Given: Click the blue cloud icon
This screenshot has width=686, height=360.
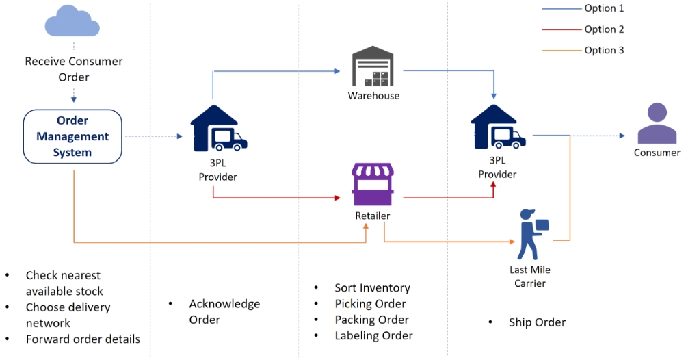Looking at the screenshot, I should pyautogui.click(x=72, y=23).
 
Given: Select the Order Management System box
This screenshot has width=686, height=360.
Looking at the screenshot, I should pyautogui.click(x=72, y=137).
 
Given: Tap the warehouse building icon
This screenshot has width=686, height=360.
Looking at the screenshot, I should pyautogui.click(x=373, y=67).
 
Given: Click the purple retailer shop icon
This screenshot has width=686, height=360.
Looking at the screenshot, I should pyautogui.click(x=373, y=183).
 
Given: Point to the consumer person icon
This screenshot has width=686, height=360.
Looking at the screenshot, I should pyautogui.click(x=657, y=124).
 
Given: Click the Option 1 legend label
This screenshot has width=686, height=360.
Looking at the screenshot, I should pyautogui.click(x=604, y=8).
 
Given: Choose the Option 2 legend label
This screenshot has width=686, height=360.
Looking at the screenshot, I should pyautogui.click(x=604, y=29).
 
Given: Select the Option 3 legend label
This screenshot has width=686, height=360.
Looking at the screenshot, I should pyautogui.click(x=604, y=50).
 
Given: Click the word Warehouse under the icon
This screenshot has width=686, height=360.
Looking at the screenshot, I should pyautogui.click(x=373, y=96).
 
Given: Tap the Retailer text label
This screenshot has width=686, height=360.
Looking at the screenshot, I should pyautogui.click(x=373, y=216).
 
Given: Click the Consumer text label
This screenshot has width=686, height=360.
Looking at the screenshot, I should pyautogui.click(x=657, y=153).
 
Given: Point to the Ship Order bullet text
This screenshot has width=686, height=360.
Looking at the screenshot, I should pyautogui.click(x=537, y=322).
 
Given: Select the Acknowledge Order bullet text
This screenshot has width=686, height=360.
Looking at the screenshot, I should pyautogui.click(x=224, y=311).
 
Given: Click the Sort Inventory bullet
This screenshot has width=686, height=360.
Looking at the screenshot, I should pyautogui.click(x=372, y=288).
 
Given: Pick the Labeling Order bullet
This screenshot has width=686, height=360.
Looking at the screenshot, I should pyautogui.click(x=373, y=335).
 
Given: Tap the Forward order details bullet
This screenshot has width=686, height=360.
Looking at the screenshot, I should pyautogui.click(x=83, y=339).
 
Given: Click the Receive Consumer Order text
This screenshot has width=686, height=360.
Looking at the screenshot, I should pyautogui.click(x=73, y=69).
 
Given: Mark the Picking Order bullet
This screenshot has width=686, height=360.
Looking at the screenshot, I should pyautogui.click(x=370, y=304).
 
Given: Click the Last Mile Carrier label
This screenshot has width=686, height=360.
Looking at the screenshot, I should pyautogui.click(x=529, y=277).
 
